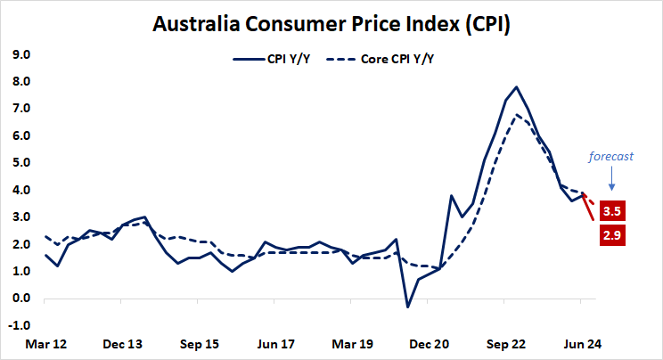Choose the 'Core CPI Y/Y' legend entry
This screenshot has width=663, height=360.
click(x=383, y=60)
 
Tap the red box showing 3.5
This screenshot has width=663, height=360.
click(x=611, y=213)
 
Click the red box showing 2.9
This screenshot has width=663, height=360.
click(x=611, y=235)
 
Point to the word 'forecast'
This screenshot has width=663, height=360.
click(x=610, y=156)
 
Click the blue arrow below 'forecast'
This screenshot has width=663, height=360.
click(x=610, y=182)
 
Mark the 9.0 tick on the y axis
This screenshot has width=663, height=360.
click(x=20, y=55)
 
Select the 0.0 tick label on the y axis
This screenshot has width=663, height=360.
click(x=20, y=299)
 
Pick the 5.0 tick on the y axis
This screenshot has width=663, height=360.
click(x=20, y=163)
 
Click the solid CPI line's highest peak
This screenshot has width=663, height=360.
click(x=516, y=87)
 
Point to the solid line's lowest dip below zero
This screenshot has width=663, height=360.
click(x=408, y=307)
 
